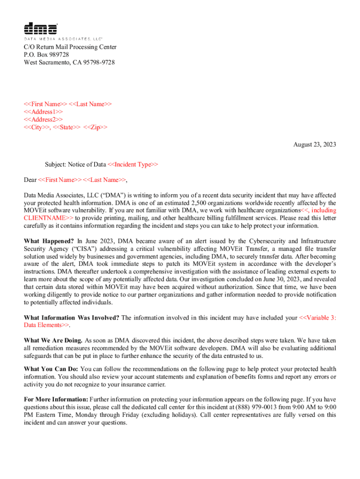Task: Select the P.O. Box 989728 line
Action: tap(47, 55)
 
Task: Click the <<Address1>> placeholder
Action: tap(43, 112)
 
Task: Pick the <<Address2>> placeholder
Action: tap(43, 119)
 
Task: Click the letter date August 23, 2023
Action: tap(315, 145)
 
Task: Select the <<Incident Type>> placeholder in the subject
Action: tap(133, 164)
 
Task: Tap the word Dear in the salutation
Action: tap(30, 180)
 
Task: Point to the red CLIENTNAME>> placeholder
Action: tap(49, 218)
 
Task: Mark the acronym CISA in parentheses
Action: tap(77, 249)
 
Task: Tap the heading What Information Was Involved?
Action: tap(72, 318)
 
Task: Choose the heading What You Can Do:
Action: tap(51, 370)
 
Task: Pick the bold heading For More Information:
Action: tap(56, 399)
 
